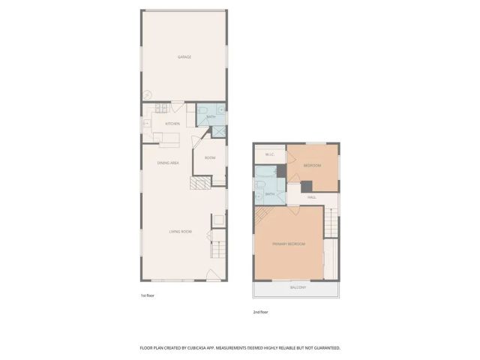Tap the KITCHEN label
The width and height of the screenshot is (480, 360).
click(172, 124)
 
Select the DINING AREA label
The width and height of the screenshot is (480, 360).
click(167, 163)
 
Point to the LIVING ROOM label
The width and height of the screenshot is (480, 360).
click(180, 232)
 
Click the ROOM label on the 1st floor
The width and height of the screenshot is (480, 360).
click(210, 157)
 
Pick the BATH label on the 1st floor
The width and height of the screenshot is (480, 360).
click(211, 117)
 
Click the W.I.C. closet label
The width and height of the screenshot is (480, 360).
click(269, 156)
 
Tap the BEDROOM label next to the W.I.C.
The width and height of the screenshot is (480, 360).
click(312, 165)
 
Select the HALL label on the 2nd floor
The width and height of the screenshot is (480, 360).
click(311, 197)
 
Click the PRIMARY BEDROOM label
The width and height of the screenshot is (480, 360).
click(289, 244)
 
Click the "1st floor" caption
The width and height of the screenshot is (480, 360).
click(148, 295)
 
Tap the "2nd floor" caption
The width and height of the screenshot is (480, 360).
click(260, 311)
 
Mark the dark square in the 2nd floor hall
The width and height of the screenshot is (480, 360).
click(305, 186)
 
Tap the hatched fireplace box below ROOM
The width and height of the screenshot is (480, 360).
click(200, 185)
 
